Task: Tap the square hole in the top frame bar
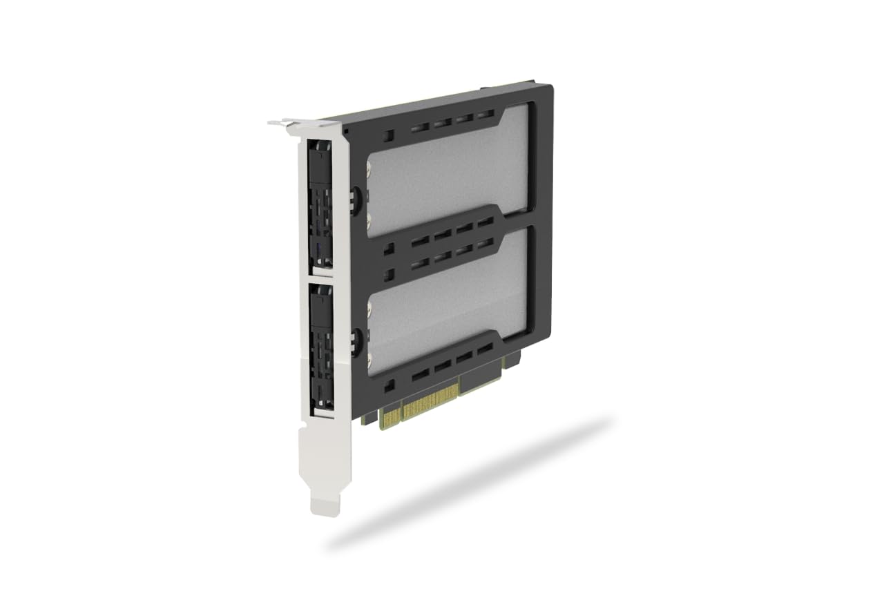click(x=389, y=135)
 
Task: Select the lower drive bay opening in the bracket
click(x=321, y=349)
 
